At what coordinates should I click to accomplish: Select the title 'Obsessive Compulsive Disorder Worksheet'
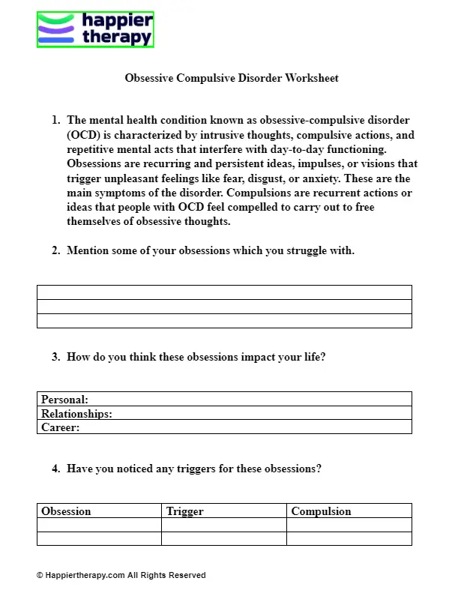tap(232, 78)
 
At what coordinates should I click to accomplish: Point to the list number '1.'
tap(55, 121)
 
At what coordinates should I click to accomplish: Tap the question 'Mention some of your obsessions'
tap(210, 250)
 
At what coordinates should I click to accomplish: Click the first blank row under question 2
tap(224, 292)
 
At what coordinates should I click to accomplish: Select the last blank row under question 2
tap(224, 321)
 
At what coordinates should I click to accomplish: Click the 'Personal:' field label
tap(64, 400)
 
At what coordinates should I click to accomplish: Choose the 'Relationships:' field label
tap(76, 413)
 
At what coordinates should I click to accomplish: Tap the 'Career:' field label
tap(60, 427)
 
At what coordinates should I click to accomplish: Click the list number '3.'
tap(55, 358)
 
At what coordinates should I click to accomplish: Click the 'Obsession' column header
tap(66, 511)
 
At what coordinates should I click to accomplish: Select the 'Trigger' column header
tap(184, 511)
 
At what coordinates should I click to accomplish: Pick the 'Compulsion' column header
tap(321, 511)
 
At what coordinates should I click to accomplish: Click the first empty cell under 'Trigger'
tap(223, 525)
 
